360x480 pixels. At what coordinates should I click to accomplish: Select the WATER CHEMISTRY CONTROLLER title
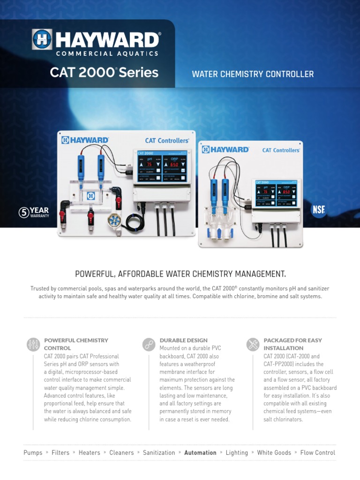point(253,74)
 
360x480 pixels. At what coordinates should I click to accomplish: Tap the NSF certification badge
point(318,210)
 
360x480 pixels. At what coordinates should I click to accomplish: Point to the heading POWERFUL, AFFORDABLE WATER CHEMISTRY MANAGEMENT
point(180,274)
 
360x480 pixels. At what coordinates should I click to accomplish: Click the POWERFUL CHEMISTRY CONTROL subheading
point(76,344)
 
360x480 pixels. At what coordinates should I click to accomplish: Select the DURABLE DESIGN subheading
point(184,340)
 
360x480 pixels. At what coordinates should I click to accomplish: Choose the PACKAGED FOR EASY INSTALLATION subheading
point(292,344)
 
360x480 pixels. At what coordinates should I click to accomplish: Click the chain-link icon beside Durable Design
point(149,345)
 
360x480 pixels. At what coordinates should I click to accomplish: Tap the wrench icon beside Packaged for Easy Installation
point(253,345)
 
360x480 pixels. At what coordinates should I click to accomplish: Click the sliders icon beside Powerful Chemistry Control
point(33,345)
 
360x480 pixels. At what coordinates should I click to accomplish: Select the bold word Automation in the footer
point(200,453)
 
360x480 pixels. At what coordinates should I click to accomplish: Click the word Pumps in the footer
point(33,453)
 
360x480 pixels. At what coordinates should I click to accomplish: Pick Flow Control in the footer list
point(317,453)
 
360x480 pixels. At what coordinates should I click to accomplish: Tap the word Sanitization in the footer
point(159,453)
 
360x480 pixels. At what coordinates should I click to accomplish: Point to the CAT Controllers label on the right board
point(281,150)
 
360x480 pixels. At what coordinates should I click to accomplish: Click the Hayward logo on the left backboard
point(85,140)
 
